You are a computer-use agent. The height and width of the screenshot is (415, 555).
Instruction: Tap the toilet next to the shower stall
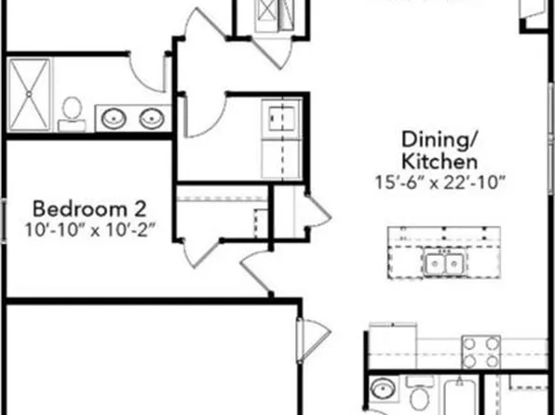pos(72,114)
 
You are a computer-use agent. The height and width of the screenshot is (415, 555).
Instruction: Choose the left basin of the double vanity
pos(114,117)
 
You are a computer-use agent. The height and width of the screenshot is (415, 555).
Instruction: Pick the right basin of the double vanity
pos(150,117)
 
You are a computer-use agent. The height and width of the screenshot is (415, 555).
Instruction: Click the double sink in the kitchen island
pos(441,264)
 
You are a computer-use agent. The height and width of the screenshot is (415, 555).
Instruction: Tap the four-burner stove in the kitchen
pos(481,353)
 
